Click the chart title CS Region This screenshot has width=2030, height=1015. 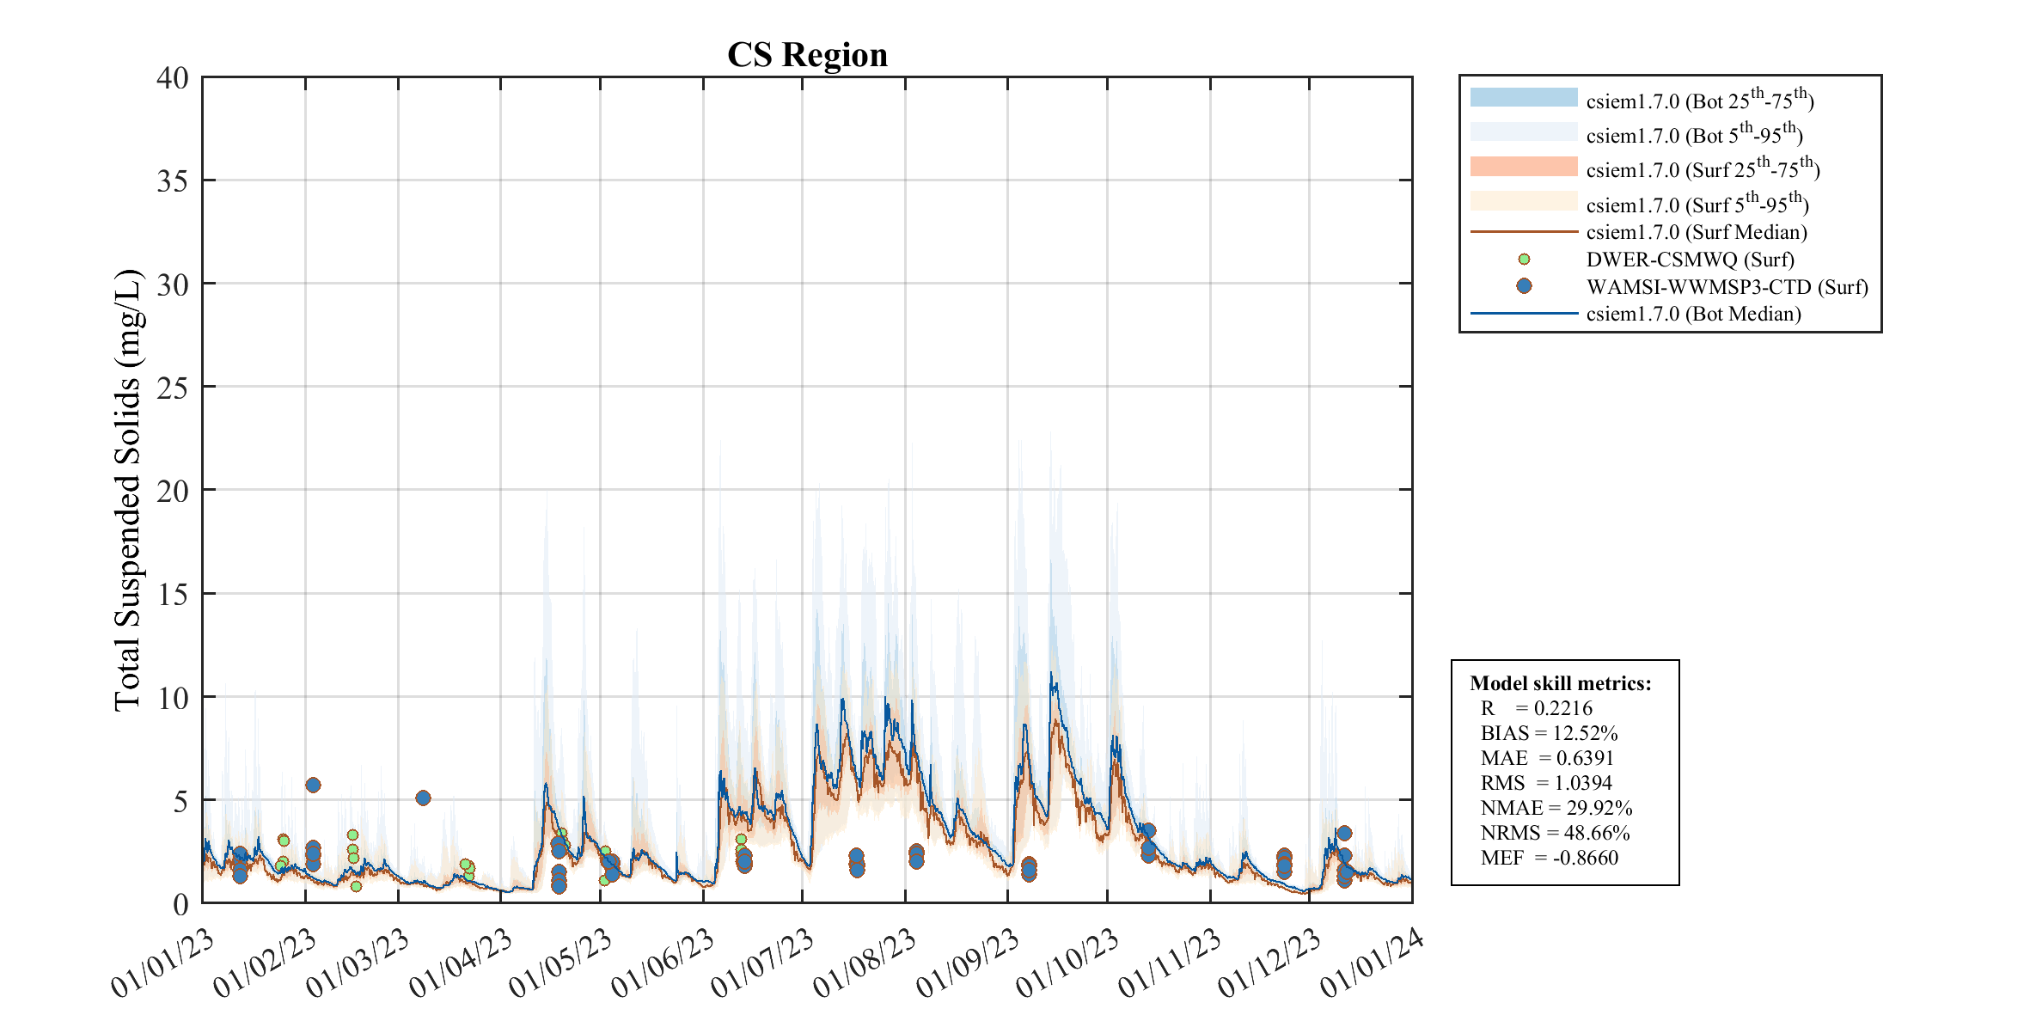807,55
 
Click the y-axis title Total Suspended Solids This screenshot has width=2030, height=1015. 128,490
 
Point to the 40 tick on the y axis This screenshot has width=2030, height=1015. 173,78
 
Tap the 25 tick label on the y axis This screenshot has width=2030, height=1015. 173,388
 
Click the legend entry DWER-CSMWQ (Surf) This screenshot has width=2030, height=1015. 1690,260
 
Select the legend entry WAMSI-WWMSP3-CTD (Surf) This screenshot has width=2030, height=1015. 1727,287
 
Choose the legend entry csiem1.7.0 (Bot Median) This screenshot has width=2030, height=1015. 1693,314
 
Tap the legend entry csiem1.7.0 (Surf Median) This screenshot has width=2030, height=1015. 1696,232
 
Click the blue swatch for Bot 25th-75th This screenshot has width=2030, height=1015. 1524,97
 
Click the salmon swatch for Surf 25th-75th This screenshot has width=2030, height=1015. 1524,166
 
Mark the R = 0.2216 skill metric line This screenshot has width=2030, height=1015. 1536,708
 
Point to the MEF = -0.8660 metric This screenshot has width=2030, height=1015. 1549,858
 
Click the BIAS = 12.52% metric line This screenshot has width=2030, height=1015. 1549,733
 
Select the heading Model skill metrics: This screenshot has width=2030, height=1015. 1560,683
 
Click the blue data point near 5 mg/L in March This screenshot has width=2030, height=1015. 423,798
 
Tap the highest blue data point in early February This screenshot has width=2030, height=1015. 313,785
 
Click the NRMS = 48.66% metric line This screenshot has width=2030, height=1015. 1555,833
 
